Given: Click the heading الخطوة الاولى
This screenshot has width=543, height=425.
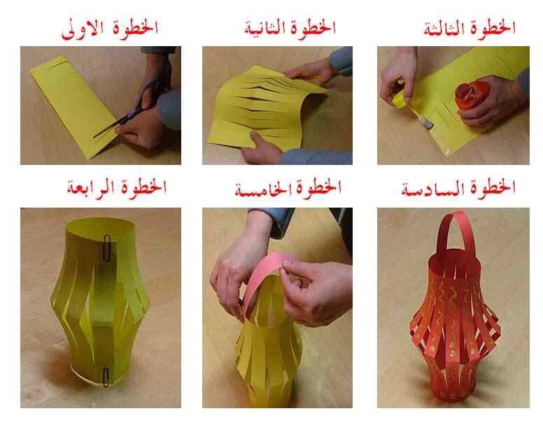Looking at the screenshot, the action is (110, 29).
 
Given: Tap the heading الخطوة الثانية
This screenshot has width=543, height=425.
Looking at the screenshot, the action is (290, 29).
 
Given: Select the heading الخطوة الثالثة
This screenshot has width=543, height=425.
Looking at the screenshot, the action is (470, 29).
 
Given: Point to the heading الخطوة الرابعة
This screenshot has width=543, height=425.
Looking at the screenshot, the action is (117, 187).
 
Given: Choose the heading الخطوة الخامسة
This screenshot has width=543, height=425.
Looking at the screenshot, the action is (288, 188).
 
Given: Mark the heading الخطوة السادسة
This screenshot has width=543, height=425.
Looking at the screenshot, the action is (458, 189).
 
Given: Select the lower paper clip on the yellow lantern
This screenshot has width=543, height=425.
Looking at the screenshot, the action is (106, 377).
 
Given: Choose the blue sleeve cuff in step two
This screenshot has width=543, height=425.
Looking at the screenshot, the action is (341, 62).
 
